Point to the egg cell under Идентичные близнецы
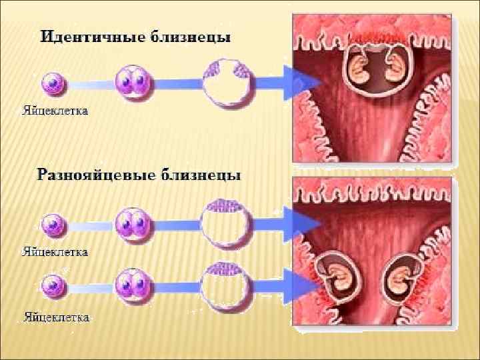pyautogui.click(x=53, y=85)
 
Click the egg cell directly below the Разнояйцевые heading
pyautogui.click(x=53, y=225)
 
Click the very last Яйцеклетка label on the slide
pyautogui.click(x=57, y=317)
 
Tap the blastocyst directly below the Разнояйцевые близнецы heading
pyautogui.click(x=226, y=222)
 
